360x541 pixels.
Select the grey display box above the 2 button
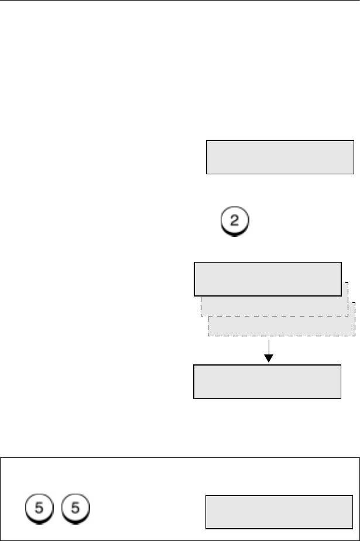[x=280, y=157]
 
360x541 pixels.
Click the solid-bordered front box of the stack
[x=268, y=279]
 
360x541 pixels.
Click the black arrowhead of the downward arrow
[x=268, y=358]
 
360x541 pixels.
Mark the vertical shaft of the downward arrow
[x=268, y=346]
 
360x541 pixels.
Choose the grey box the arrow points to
[x=268, y=381]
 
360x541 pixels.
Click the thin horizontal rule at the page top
[x=180, y=1]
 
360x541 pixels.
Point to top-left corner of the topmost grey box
[x=207, y=140]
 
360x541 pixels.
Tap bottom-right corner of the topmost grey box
[x=354, y=174]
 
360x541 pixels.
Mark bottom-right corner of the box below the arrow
[x=341, y=398]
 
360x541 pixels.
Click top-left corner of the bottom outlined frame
[x=1, y=458]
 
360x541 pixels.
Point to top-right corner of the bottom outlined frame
[x=358, y=458]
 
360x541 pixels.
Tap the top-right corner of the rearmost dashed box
[x=355, y=302]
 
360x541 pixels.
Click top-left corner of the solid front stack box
[x=194, y=263]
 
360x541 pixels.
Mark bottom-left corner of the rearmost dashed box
[x=208, y=336]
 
